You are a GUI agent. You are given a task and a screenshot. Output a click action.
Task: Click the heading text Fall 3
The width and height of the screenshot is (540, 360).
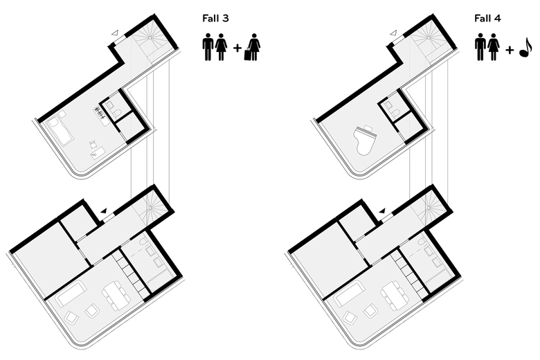(215, 18)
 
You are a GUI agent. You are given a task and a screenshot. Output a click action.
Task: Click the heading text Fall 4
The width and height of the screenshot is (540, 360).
(487, 18)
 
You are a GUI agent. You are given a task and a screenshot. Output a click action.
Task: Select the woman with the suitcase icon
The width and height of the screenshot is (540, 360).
(253, 47)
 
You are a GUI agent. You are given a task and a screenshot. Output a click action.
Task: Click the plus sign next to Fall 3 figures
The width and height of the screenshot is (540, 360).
(237, 48)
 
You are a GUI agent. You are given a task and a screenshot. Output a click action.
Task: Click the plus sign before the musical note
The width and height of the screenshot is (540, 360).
(510, 51)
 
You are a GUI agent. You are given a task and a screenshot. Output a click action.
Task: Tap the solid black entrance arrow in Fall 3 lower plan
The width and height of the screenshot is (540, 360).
(104, 211)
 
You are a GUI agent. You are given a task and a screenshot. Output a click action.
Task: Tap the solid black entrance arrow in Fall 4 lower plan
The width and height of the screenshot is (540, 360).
(382, 211)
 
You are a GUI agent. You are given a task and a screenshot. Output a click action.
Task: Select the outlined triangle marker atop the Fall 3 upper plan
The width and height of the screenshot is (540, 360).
(115, 33)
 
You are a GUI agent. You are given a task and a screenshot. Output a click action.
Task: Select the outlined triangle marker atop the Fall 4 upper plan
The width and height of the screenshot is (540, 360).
(394, 33)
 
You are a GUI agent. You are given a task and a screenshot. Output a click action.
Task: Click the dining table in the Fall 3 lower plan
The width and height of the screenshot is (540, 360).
(116, 296)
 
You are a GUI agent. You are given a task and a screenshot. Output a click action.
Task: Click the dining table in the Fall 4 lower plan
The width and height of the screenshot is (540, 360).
(395, 296)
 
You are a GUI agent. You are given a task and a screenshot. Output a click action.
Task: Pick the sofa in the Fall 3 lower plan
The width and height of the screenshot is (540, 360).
(71, 294)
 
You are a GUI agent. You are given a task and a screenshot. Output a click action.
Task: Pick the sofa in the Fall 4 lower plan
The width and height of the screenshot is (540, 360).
(350, 294)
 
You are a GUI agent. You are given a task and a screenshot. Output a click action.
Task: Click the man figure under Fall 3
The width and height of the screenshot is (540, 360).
(208, 47)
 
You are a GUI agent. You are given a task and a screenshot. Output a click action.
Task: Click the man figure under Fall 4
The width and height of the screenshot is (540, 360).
(480, 47)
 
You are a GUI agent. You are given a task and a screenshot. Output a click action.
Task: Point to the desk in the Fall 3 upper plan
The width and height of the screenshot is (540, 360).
(98, 152)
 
